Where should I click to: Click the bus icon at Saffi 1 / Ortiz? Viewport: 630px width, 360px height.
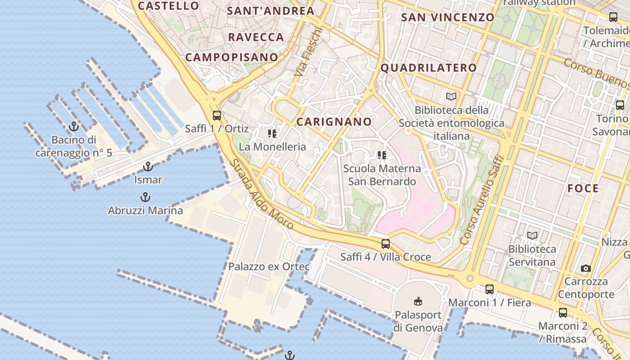click(x=216, y=116)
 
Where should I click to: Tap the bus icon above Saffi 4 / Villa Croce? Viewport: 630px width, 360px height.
click(x=386, y=244)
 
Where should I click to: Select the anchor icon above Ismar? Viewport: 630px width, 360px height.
click(x=148, y=167)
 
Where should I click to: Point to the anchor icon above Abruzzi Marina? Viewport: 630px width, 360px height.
click(x=145, y=197)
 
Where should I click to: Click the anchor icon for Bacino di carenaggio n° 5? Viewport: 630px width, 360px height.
click(x=74, y=126)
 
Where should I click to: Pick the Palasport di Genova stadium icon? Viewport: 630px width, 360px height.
click(x=418, y=301)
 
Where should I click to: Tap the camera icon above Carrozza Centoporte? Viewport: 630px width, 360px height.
click(x=585, y=268)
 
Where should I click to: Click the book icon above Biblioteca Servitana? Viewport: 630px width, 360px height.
click(x=532, y=235)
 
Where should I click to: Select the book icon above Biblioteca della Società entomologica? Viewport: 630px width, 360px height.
click(x=451, y=96)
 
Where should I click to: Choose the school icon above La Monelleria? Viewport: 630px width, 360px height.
click(x=272, y=134)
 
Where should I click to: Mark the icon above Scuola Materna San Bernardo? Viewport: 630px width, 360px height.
click(x=382, y=156)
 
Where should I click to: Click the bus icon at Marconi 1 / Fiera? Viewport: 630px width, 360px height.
click(x=490, y=289)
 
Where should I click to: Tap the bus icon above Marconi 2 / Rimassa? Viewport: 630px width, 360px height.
click(x=563, y=312)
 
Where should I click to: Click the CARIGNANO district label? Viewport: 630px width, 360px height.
click(x=334, y=121)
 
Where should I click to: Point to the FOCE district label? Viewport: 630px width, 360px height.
click(x=583, y=189)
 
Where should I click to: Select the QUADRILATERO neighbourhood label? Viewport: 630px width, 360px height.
click(x=428, y=68)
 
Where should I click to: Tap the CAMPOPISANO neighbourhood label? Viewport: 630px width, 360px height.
click(x=232, y=57)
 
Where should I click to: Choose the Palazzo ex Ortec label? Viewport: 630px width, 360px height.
click(x=269, y=266)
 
